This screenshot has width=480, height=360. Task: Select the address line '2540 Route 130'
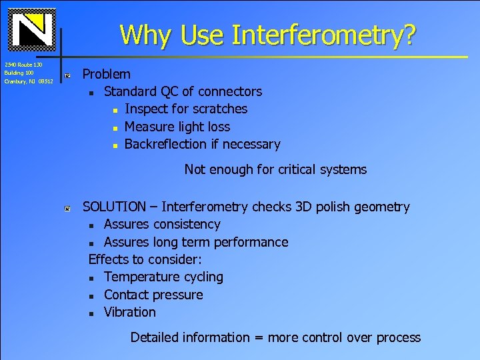point(23,65)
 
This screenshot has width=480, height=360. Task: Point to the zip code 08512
point(45,81)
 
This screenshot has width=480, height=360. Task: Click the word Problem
point(107,74)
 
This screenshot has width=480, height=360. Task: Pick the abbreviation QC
point(169,91)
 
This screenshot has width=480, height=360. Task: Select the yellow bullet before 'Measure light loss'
point(115,127)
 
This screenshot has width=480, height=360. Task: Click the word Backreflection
point(166,144)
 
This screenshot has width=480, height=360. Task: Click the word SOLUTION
point(114,207)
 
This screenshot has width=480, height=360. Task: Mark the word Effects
point(108,259)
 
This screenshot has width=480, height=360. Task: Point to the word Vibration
point(130,312)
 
